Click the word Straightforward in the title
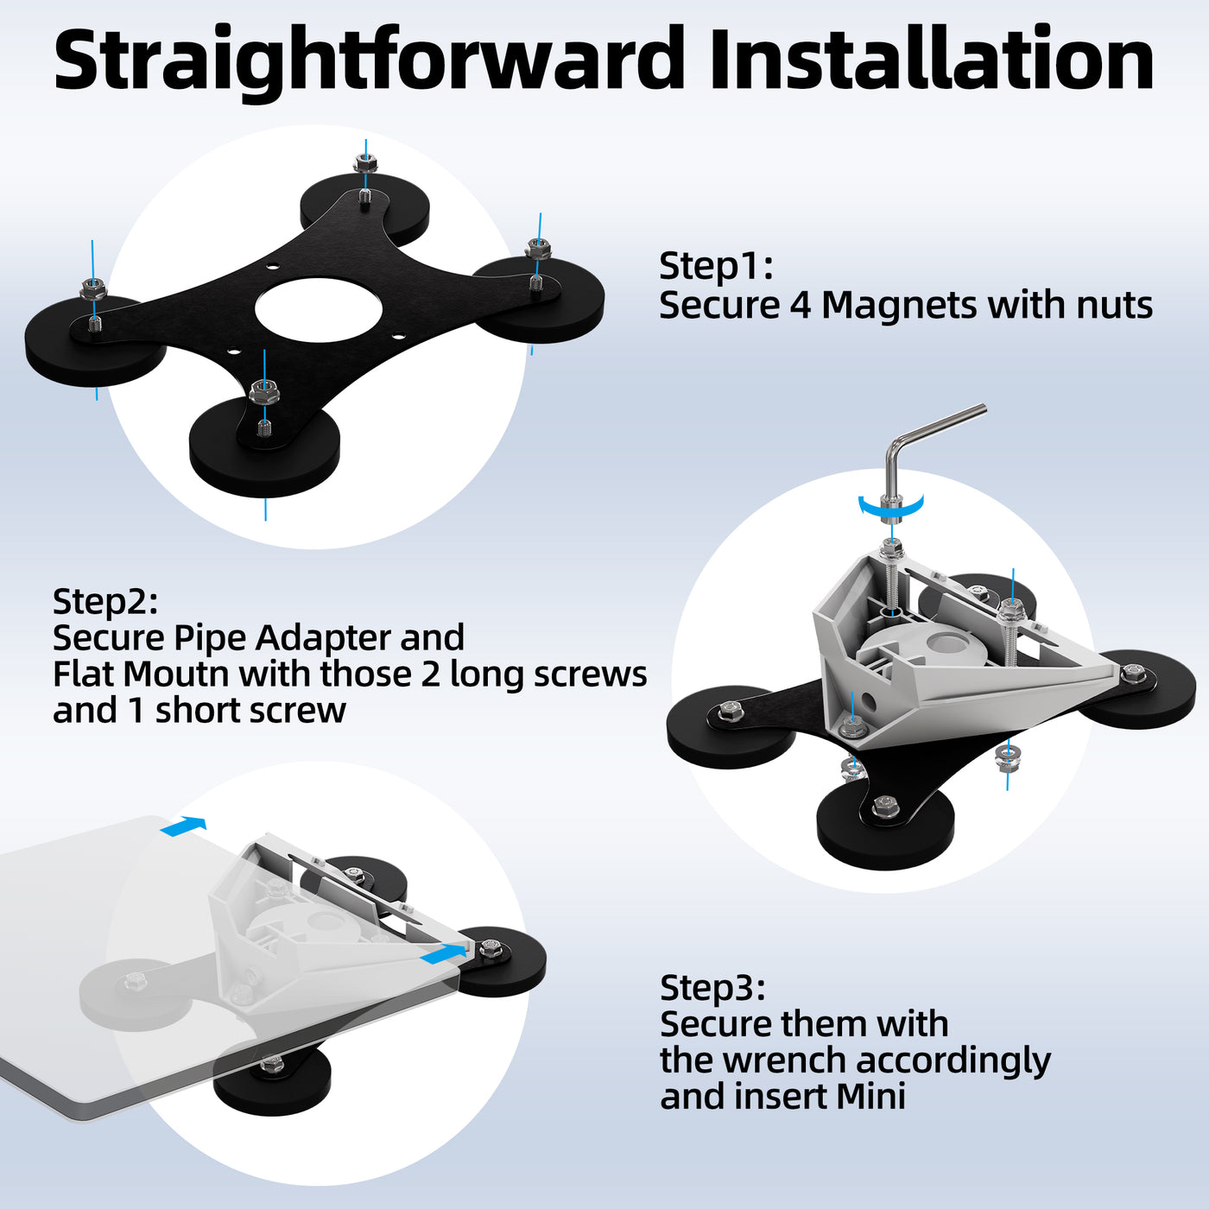[x=368, y=60]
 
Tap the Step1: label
[x=716, y=267]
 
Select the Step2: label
[x=105, y=602]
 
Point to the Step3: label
[x=712, y=988]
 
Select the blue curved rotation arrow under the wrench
[x=891, y=507]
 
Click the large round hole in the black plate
[x=319, y=311]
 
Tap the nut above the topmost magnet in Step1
[x=364, y=165]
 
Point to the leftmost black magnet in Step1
[x=94, y=342]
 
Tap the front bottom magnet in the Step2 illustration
[x=885, y=828]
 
